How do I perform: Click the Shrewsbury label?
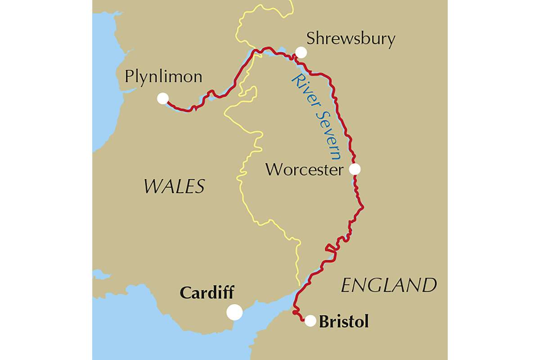point(351,39)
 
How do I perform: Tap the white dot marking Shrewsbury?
point(301,53)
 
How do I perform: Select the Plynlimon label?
point(163,77)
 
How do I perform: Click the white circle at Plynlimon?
point(162,98)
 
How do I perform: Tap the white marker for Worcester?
point(355,169)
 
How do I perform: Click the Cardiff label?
point(207,293)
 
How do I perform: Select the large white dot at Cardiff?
point(234,312)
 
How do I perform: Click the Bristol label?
point(344,322)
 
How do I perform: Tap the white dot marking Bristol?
point(310,321)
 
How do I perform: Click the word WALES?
point(174,186)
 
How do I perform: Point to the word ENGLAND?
point(389,285)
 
